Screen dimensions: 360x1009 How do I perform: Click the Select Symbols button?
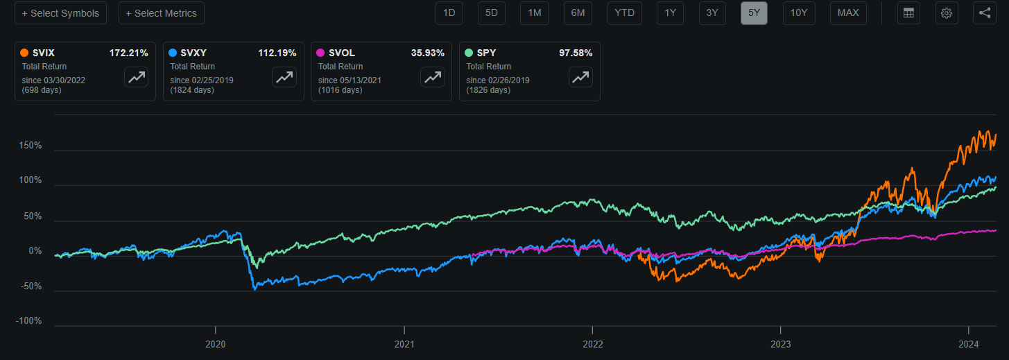[x=60, y=13]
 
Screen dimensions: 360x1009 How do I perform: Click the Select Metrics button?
[x=161, y=13]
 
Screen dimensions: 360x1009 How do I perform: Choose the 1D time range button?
[x=449, y=13]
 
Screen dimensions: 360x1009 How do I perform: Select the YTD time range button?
[x=625, y=13]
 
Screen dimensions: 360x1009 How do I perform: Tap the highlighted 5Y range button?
[x=754, y=13]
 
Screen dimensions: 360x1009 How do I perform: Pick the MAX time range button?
[x=848, y=13]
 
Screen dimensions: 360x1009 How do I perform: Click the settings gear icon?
[x=947, y=13]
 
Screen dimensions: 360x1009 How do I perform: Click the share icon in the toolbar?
[x=985, y=13]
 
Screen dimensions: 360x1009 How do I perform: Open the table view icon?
[x=908, y=13]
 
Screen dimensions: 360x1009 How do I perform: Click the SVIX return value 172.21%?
[x=128, y=53]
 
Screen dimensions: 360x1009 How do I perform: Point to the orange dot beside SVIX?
[x=25, y=53]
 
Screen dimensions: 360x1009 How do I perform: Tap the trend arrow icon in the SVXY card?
[x=284, y=78]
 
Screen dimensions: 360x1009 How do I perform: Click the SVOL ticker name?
[x=341, y=53]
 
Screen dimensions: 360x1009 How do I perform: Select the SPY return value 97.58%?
[x=576, y=53]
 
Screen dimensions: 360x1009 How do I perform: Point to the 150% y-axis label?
[x=31, y=146]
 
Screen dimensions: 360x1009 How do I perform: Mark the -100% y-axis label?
[x=30, y=321]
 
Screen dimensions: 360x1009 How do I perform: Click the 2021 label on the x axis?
[x=404, y=344]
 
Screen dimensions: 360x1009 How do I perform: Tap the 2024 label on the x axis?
[x=968, y=344]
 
